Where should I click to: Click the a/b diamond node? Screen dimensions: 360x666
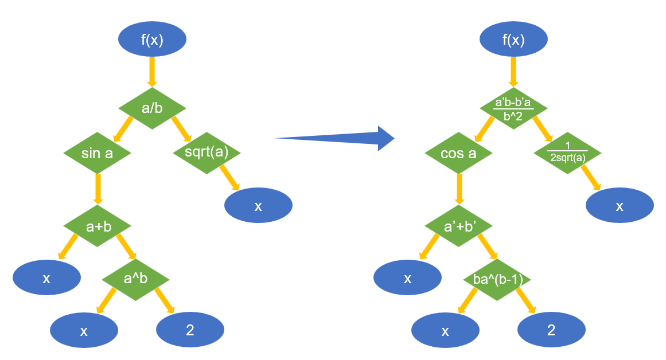tap(152, 108)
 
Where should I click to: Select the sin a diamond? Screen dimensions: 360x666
tap(98, 153)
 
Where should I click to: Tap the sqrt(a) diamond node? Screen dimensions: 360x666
tap(207, 153)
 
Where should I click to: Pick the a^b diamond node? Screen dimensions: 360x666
tap(135, 279)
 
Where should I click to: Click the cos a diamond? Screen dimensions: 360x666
tap(459, 154)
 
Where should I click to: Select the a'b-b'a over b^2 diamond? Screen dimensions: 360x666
tap(513, 108)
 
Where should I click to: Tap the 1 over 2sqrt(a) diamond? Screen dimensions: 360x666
tap(567, 154)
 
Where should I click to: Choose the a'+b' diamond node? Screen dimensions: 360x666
tap(459, 226)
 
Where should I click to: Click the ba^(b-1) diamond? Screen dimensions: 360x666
tap(497, 280)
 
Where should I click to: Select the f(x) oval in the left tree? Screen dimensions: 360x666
tap(152, 40)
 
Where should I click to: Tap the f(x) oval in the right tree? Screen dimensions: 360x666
tap(513, 40)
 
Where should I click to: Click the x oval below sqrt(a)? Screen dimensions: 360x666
tap(258, 205)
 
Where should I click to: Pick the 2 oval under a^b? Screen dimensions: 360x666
tap(190, 330)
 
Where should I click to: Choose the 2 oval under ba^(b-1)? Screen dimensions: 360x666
tap(551, 330)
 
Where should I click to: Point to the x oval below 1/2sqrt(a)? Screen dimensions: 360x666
tap(620, 205)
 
